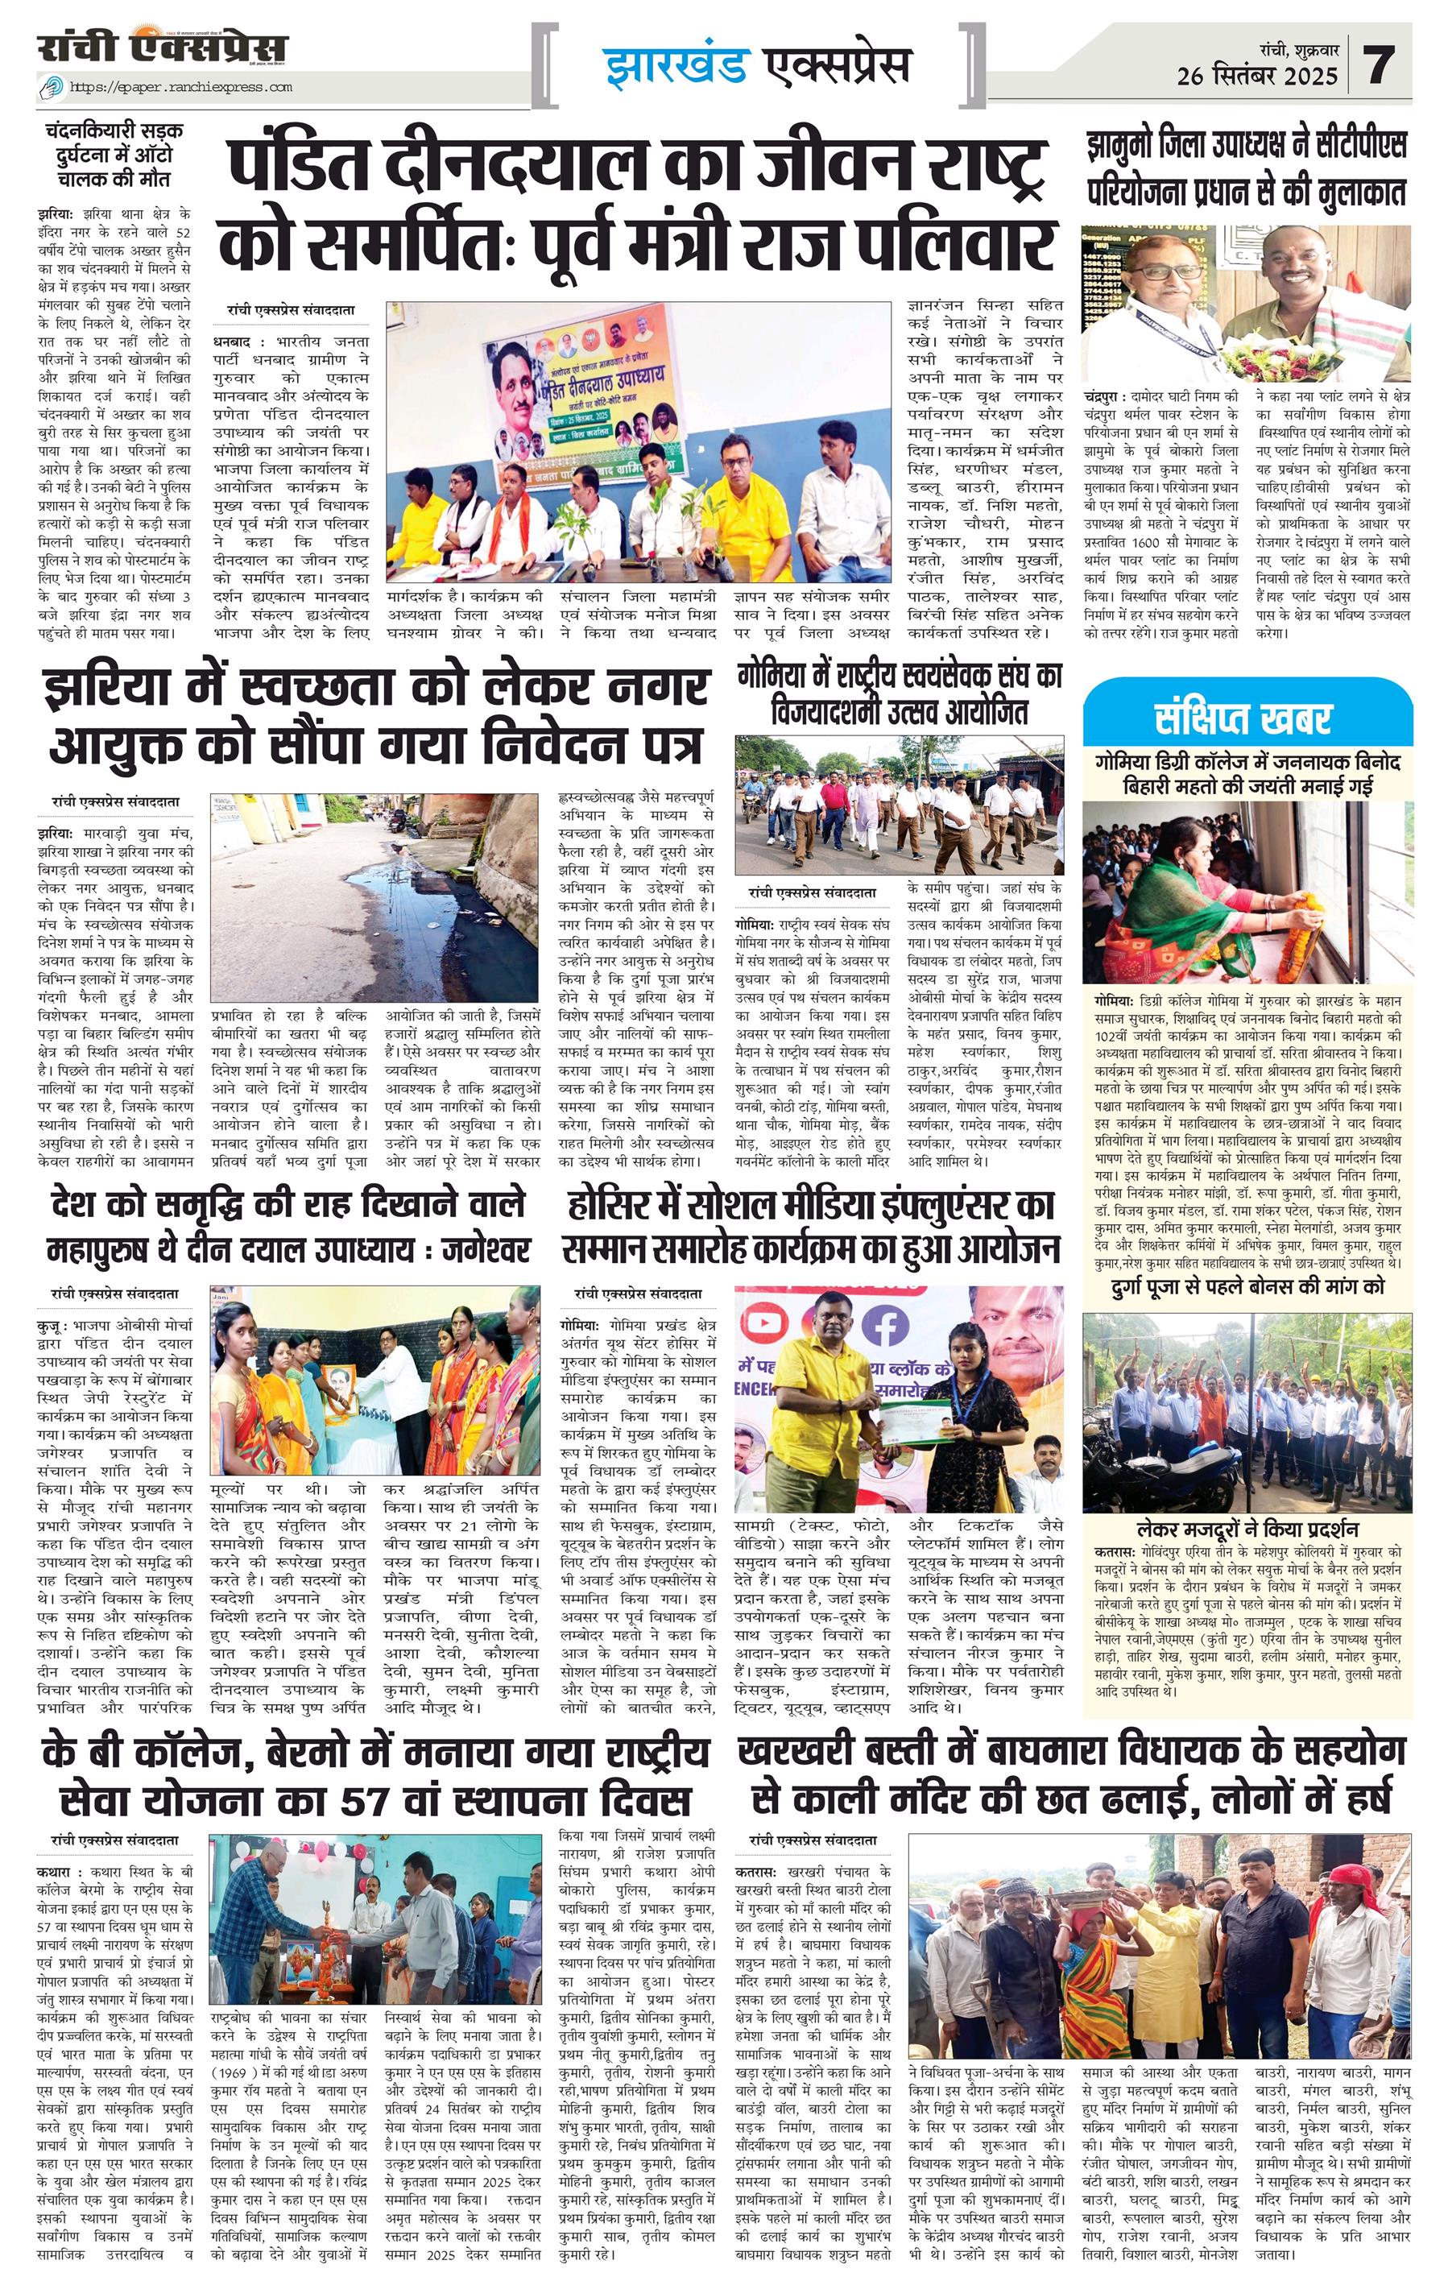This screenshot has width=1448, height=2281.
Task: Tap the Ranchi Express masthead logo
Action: click(162, 49)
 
